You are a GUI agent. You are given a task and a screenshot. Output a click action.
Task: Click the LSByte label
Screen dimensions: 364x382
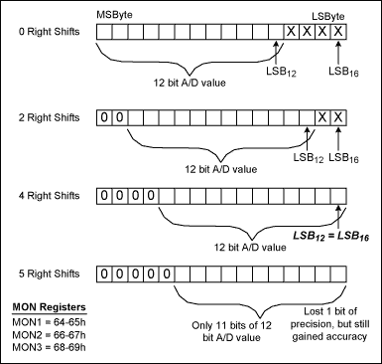[x=326, y=15]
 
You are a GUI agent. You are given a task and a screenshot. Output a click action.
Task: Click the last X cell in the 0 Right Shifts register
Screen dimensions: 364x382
[x=338, y=33]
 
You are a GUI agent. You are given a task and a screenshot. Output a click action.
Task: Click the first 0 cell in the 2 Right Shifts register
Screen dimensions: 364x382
[x=104, y=117]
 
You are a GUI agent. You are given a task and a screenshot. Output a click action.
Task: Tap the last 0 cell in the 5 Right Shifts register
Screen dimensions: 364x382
[x=167, y=272]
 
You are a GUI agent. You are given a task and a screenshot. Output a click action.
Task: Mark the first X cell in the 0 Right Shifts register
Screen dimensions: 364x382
[x=291, y=33]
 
